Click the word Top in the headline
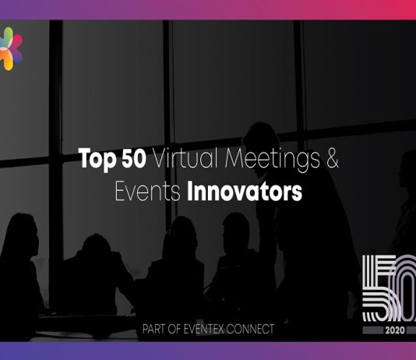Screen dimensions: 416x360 click(x=97, y=159)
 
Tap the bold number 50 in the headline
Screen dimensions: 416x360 click(x=134, y=158)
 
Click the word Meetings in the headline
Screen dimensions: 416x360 click(x=272, y=160)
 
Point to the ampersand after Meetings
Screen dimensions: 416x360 click(x=332, y=158)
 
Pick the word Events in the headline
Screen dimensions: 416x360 click(x=148, y=191)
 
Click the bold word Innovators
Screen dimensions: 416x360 click(x=245, y=191)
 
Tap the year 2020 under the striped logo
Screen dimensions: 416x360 click(x=395, y=330)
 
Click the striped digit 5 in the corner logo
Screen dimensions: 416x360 click(x=379, y=288)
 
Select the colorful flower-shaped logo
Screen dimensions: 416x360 click(x=11, y=49)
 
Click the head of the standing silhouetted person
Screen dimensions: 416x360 click(x=261, y=139)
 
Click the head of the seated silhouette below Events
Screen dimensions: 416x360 click(x=182, y=235)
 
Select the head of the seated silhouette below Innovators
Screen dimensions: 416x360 click(x=236, y=231)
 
